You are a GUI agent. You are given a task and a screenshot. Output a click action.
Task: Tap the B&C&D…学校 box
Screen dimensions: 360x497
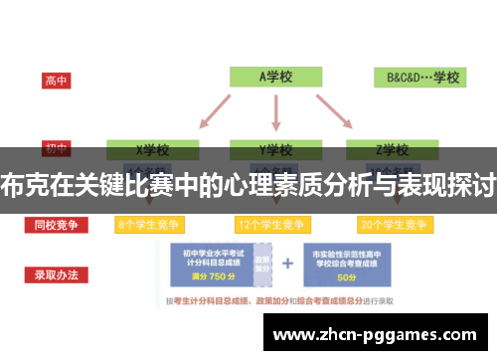click(421, 77)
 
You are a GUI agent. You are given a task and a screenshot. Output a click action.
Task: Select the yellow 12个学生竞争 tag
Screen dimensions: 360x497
click(272, 225)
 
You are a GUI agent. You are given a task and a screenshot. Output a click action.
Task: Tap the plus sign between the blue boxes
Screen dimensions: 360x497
click(288, 265)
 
